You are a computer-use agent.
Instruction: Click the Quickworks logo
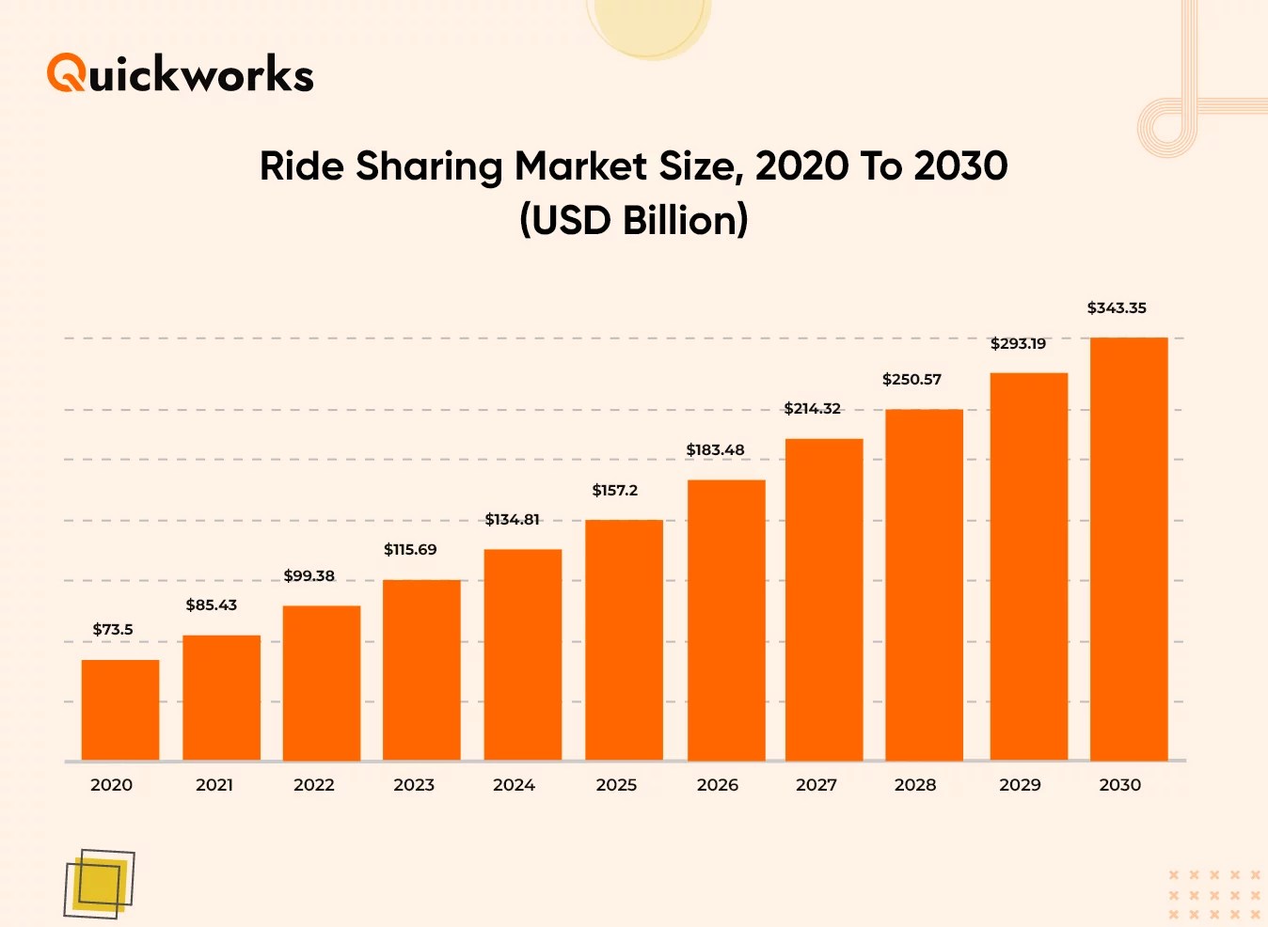click(180, 73)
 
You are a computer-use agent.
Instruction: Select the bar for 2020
click(120, 710)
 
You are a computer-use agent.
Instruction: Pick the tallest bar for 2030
click(1129, 549)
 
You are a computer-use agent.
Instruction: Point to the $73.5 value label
click(113, 630)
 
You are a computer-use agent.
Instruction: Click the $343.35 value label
click(1117, 308)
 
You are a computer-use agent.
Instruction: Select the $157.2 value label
click(614, 491)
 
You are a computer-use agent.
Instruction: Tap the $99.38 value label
click(309, 576)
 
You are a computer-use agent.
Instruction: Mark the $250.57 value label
click(911, 380)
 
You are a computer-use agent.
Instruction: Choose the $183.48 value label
click(715, 450)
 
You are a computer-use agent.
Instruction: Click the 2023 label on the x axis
click(414, 785)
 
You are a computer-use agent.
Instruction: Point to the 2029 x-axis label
click(1020, 785)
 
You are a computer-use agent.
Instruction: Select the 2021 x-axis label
click(214, 785)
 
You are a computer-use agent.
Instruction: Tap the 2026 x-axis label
click(717, 785)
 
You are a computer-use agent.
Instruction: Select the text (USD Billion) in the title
click(633, 221)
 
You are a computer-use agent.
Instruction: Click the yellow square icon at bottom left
click(100, 884)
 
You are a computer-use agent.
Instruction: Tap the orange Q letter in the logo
click(66, 73)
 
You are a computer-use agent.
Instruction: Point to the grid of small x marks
click(1214, 894)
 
